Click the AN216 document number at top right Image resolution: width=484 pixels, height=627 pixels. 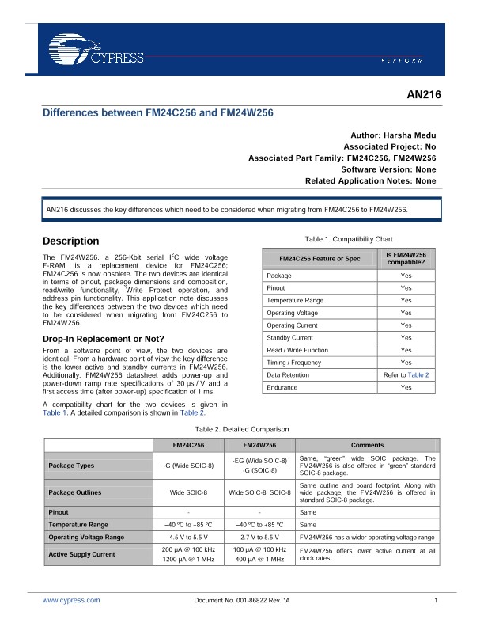pos(422,96)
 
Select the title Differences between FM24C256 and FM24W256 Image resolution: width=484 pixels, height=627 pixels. pos(157,113)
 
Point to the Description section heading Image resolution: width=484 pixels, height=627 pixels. pos(71,241)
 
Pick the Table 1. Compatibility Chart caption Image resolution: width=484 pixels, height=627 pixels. pos(348,238)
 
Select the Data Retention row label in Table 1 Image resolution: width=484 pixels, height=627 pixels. pos(288,374)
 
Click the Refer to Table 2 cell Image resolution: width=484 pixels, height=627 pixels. pos(406,374)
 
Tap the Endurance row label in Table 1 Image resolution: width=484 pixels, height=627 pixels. pos(282,387)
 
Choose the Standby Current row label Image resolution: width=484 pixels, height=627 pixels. pos(289,337)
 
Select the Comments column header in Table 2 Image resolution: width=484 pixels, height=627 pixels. pos(368,445)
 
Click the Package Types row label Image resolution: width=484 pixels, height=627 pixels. pos(71,465)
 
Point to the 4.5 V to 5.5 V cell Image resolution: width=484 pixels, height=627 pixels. pos(188,537)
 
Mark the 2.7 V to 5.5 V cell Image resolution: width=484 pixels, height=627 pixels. pos(259,537)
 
